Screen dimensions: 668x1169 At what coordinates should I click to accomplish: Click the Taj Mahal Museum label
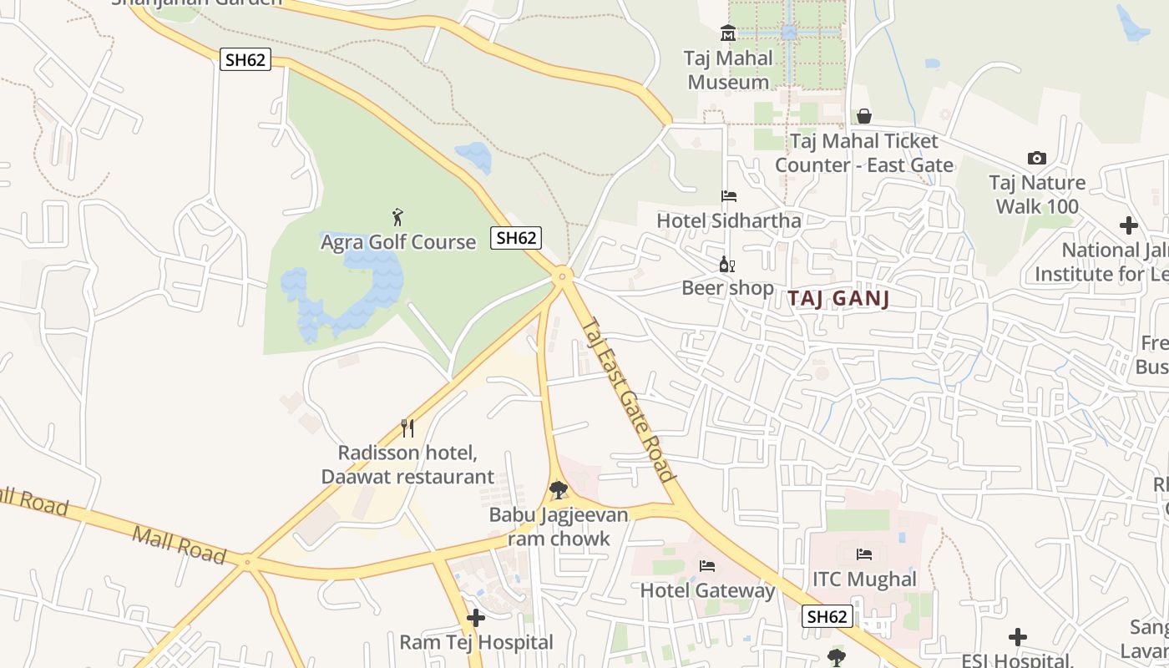tap(728, 70)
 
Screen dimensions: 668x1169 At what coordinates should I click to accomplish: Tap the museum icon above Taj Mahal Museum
tap(728, 33)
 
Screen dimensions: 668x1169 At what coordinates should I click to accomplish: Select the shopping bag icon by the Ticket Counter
tap(863, 116)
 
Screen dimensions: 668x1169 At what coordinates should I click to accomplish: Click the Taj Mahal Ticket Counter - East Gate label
tap(863, 153)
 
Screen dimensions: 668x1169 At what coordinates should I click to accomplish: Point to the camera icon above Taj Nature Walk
tap(1036, 158)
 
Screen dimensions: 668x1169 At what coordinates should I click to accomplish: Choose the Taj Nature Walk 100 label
tap(1037, 195)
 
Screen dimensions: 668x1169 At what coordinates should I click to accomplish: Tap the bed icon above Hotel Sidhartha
tap(729, 196)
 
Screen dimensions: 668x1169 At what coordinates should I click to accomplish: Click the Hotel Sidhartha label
tap(729, 220)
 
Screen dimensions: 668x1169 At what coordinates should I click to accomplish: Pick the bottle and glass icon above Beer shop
tap(727, 265)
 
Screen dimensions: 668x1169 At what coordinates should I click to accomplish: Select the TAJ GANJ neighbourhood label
tap(838, 299)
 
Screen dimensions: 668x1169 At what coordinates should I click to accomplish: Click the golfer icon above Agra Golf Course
tap(397, 218)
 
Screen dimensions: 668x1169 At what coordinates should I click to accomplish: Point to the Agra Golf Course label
tap(398, 242)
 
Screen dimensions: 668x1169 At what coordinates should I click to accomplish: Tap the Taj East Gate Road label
tap(627, 400)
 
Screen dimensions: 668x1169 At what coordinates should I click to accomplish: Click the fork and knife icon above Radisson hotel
tap(407, 428)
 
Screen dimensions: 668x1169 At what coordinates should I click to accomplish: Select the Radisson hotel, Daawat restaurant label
tap(407, 465)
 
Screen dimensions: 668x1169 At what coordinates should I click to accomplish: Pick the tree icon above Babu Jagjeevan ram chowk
tap(559, 490)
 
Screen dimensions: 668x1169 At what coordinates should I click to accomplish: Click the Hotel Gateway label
tap(707, 590)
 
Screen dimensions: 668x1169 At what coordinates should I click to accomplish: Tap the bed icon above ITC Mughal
tap(864, 554)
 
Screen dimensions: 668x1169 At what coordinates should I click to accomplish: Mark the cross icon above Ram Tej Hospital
tap(476, 618)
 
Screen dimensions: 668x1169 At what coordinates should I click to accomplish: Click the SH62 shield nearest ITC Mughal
tap(827, 616)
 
